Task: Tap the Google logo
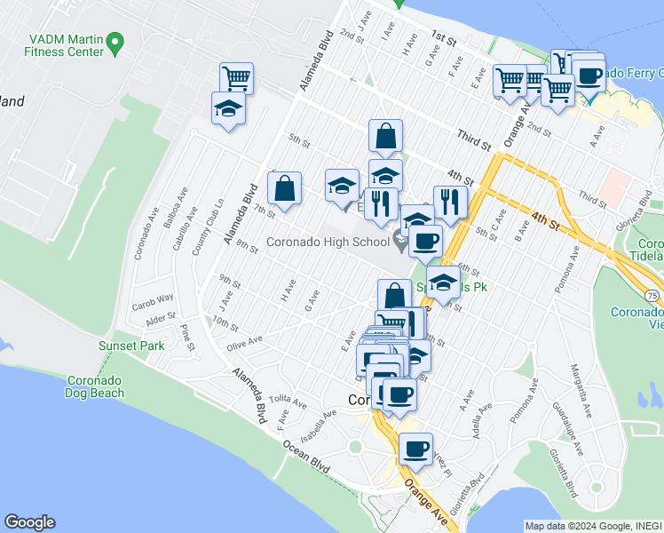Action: point(29,522)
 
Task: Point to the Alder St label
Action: point(161,318)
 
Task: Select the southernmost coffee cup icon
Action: point(415,449)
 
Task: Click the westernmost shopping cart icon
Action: point(236,77)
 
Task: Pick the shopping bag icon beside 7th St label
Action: point(284,188)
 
